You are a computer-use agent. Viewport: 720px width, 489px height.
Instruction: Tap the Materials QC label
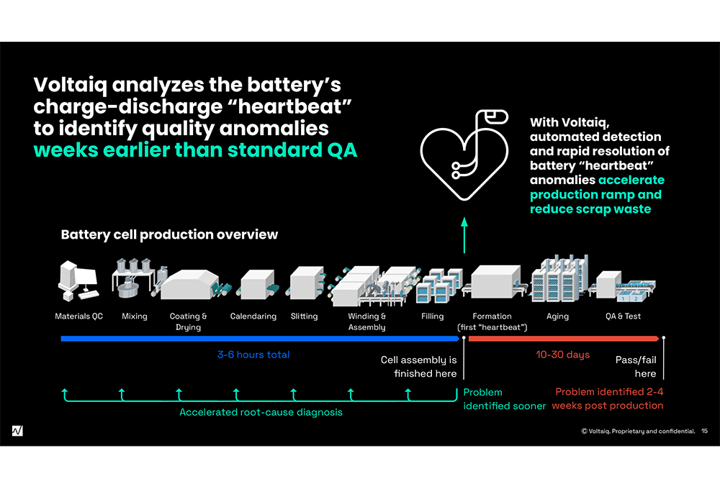79,316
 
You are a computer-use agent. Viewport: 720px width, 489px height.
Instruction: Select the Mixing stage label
134,316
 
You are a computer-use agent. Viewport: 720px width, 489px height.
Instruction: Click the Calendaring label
253,316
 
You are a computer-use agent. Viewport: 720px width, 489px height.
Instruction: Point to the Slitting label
304,316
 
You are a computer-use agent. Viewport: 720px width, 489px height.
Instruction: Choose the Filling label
433,316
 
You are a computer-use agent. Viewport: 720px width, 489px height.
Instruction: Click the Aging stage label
557,316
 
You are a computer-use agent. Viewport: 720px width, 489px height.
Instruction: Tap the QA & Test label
624,316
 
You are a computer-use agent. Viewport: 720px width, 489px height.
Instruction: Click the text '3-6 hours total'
253,355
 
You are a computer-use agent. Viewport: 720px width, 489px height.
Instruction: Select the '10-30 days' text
563,355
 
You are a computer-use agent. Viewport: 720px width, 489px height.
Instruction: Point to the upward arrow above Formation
464,236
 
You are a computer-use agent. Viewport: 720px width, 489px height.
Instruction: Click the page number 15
704,431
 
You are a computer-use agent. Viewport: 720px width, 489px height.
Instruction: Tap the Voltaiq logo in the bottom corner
17,431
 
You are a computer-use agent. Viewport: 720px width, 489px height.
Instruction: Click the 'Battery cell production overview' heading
169,235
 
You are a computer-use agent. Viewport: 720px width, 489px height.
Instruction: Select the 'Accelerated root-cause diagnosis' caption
261,412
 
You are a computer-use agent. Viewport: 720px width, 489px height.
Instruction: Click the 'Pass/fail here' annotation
636,367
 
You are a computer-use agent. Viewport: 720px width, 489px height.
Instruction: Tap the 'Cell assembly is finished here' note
418,367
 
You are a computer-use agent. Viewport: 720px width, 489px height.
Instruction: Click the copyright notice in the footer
638,431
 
